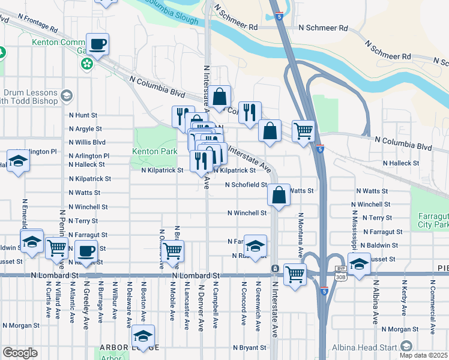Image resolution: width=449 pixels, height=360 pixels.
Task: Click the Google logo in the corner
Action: (x=20, y=353)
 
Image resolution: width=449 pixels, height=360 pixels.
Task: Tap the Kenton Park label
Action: (x=154, y=151)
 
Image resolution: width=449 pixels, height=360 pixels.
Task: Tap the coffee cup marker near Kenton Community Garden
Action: (x=97, y=44)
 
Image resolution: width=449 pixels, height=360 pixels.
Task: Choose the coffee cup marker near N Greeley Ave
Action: (x=86, y=250)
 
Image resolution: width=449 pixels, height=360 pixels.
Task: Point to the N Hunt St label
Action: (x=83, y=115)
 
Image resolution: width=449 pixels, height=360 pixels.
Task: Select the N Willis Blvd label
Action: (x=87, y=143)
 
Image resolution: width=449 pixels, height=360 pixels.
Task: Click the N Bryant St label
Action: (x=247, y=347)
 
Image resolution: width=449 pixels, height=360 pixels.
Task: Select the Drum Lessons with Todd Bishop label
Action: (x=30, y=97)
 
